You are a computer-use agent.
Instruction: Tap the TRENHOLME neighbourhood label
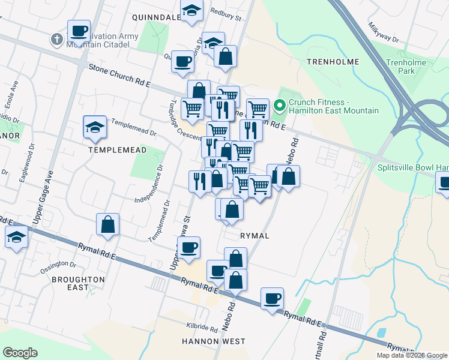pyautogui.click(x=333, y=62)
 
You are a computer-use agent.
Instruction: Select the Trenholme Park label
pyautogui.click(x=406, y=67)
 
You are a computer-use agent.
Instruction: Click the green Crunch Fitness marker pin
pyautogui.click(x=279, y=106)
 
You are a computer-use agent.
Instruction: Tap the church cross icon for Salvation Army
pyautogui.click(x=57, y=40)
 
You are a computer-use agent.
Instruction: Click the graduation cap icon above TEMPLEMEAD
pyautogui.click(x=95, y=127)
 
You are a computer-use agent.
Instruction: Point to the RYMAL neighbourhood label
pyautogui.click(x=255, y=236)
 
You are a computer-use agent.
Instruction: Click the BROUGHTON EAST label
pyautogui.click(x=78, y=283)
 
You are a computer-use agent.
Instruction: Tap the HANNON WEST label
pyautogui.click(x=213, y=341)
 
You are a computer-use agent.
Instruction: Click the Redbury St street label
pyautogui.click(x=225, y=14)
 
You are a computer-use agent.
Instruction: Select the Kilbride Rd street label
pyautogui.click(x=202, y=328)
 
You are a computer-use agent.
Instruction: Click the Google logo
pyautogui.click(x=20, y=353)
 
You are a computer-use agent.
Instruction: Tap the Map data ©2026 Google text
pyautogui.click(x=411, y=355)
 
